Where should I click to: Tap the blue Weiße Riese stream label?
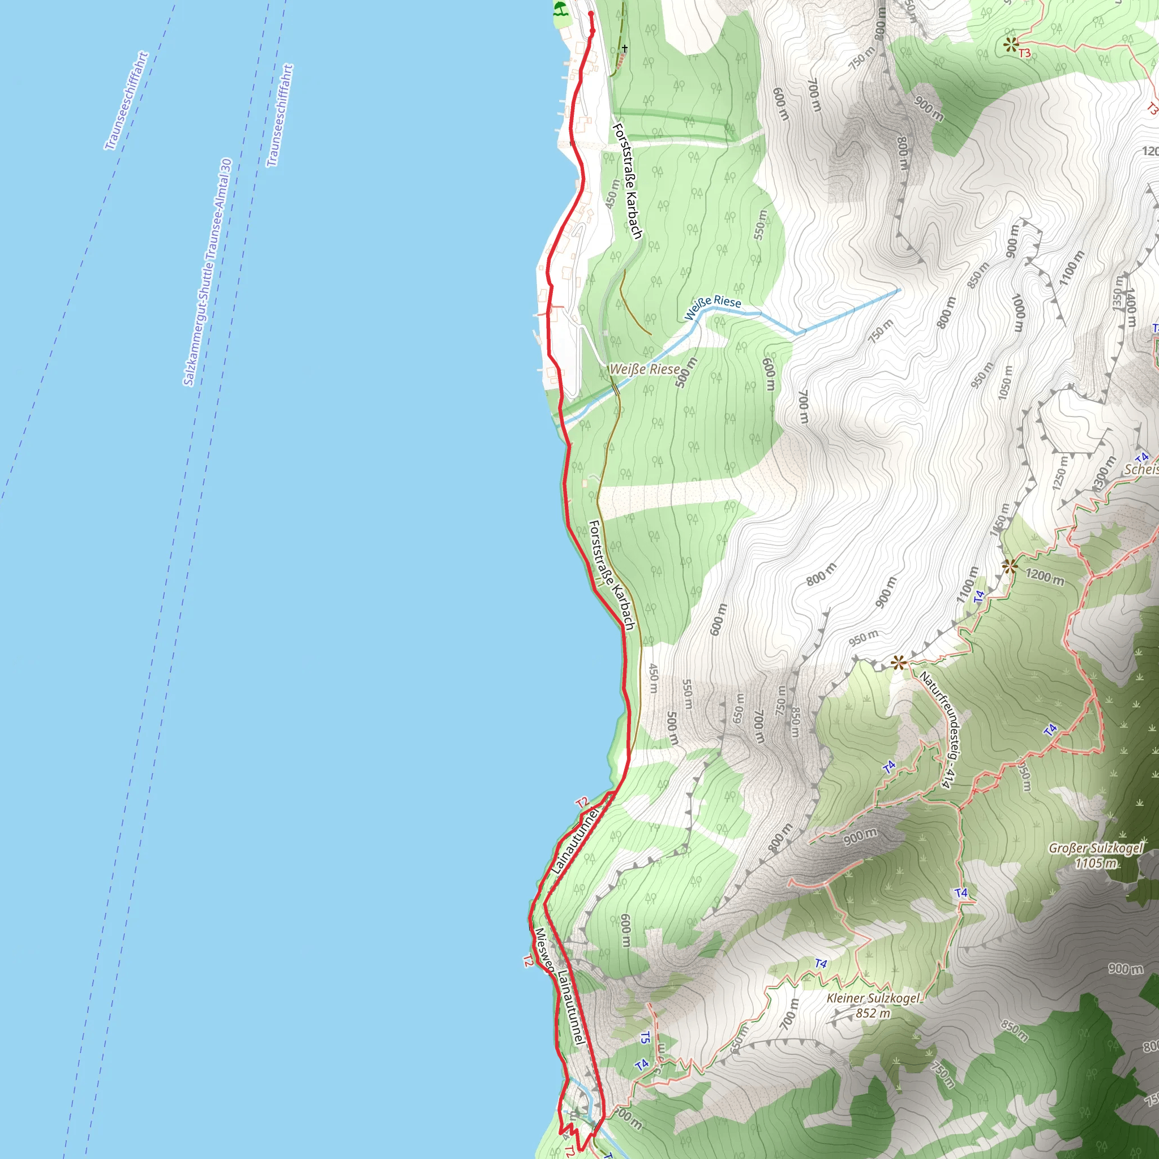tap(712, 307)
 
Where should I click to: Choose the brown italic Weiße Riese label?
tap(645, 369)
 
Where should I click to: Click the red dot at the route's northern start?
tap(591, 14)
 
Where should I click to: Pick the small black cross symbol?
tap(625, 48)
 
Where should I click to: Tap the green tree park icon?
tap(560, 9)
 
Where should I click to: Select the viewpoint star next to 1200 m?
tap(1010, 566)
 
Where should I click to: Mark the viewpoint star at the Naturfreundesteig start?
tap(898, 663)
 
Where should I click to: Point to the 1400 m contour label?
tap(1130, 307)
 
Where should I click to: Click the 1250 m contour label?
tap(1060, 473)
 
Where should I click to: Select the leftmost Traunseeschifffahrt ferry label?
tap(127, 101)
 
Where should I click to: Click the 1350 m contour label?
tap(1117, 293)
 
